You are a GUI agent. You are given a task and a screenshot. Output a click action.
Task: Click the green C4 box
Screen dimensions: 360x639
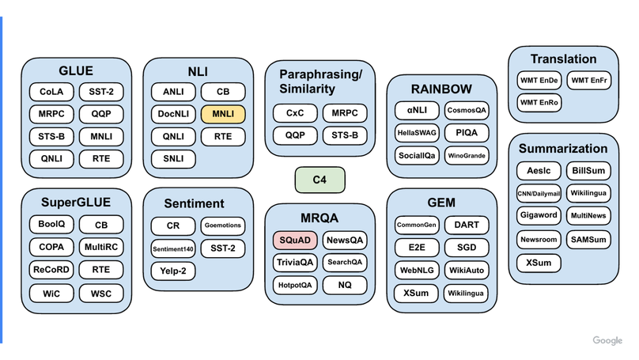319,180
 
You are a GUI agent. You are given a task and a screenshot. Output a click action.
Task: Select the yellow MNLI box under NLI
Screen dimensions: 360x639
223,113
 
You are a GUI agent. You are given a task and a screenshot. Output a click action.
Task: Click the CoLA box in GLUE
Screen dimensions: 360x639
51,91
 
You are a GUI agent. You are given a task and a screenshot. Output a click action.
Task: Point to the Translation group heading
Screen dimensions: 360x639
563,59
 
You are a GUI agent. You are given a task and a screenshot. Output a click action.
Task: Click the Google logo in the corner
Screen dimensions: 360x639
607,340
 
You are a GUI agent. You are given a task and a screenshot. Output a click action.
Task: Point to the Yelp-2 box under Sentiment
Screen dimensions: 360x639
172,271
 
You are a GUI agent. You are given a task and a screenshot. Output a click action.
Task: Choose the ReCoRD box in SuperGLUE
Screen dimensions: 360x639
51,269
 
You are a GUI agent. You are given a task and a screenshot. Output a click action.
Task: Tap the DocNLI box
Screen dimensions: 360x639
173,113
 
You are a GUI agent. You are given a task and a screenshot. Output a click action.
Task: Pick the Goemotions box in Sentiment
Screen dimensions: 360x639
222,225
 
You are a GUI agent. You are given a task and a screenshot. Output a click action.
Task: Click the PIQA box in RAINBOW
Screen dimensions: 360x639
466,131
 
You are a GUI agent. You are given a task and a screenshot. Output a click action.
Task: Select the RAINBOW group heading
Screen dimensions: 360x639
441,89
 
